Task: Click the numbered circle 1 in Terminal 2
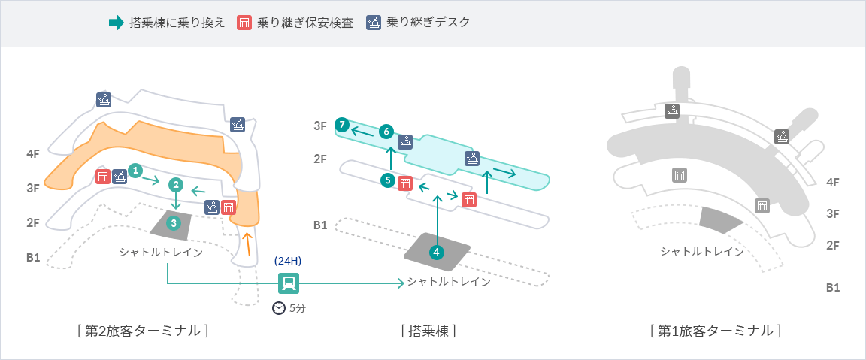(x=135, y=171)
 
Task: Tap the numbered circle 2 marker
(x=176, y=184)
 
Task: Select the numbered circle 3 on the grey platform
(x=174, y=222)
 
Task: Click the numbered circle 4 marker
(x=437, y=253)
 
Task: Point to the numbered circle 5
(x=388, y=180)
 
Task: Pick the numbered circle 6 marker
(x=386, y=132)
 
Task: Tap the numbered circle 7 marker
(x=342, y=124)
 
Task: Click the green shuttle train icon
(x=289, y=283)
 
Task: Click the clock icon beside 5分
(x=279, y=307)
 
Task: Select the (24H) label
(x=288, y=261)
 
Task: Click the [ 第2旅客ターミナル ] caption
(x=142, y=331)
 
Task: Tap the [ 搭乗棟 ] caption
(x=428, y=331)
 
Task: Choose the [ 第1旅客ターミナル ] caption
(x=715, y=331)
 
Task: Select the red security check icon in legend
(x=244, y=23)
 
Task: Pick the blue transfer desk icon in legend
(x=374, y=23)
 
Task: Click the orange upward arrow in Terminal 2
(x=247, y=244)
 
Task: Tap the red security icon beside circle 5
(x=405, y=183)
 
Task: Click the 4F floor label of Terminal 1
(x=833, y=182)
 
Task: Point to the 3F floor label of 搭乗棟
(x=320, y=126)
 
